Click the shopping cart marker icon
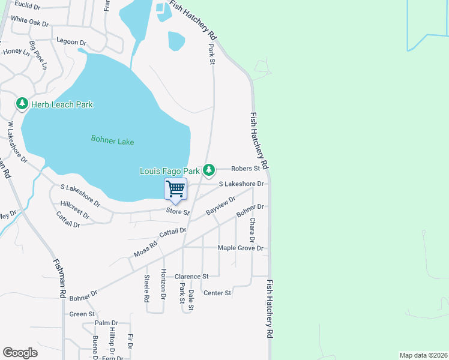tap(175, 189)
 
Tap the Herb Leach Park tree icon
tap(22, 104)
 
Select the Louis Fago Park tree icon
tap(208, 170)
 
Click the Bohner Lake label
tap(112, 141)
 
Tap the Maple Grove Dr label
tap(240, 248)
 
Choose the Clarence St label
tap(191, 277)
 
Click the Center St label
tap(217, 293)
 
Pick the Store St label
tap(178, 212)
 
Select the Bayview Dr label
tap(221, 206)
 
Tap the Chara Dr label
tap(253, 231)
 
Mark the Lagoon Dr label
tap(71, 43)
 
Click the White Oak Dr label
tap(29, 21)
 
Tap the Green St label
tap(82, 314)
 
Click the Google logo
tap(20, 353)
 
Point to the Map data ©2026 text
tap(423, 355)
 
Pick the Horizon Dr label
tap(163, 284)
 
